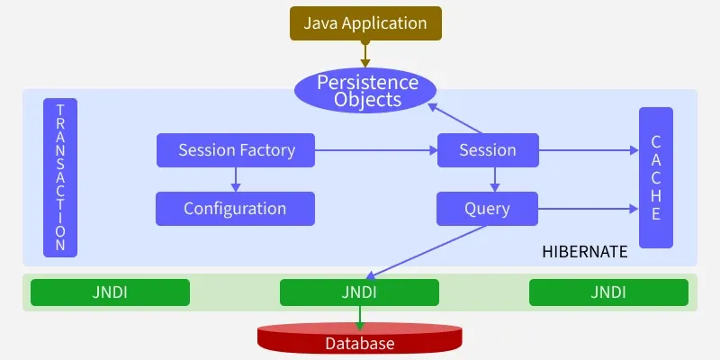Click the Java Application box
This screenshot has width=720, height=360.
click(x=365, y=22)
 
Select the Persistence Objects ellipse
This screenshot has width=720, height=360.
click(x=366, y=90)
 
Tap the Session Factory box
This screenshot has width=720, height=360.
click(x=236, y=150)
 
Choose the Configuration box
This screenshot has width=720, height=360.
click(x=235, y=209)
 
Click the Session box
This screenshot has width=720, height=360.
click(x=488, y=150)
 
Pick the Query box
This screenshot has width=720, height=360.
click(x=487, y=209)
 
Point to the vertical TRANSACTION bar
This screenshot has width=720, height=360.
click(x=60, y=177)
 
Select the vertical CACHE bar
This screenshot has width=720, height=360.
click(x=656, y=177)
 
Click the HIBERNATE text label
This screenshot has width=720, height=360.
click(x=584, y=252)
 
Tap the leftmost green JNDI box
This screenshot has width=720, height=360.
click(x=110, y=292)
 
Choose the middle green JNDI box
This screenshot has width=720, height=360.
click(x=359, y=292)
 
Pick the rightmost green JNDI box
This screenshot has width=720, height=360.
click(x=608, y=292)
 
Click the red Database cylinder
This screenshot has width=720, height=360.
click(x=360, y=340)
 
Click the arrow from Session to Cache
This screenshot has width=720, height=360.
click(x=589, y=150)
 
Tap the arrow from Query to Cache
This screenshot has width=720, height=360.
click(x=589, y=209)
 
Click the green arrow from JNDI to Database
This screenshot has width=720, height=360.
click(x=360, y=315)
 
